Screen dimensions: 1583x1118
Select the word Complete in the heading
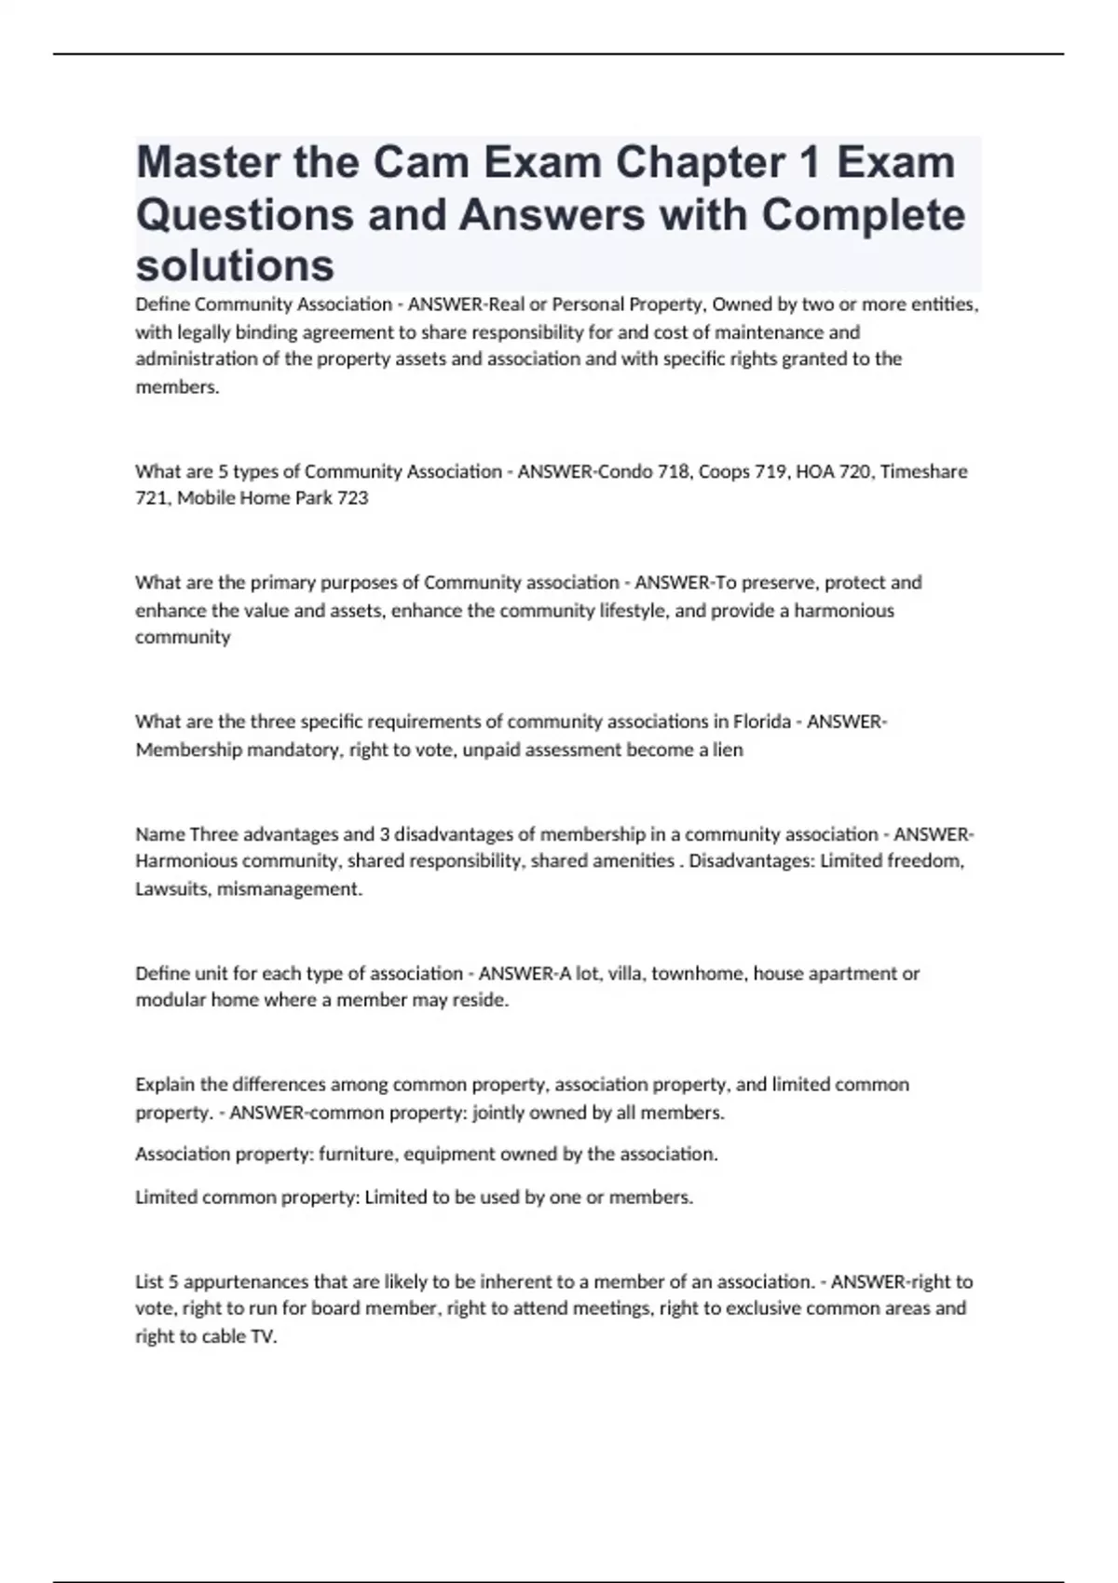[863, 214]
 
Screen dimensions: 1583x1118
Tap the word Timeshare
[923, 471]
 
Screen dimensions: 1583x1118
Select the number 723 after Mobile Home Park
[352, 498]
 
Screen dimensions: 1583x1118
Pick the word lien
[728, 750]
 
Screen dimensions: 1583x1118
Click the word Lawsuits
[171, 889]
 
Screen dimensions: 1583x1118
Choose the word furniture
[357, 1154]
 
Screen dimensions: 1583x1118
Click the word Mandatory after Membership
[293, 750]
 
